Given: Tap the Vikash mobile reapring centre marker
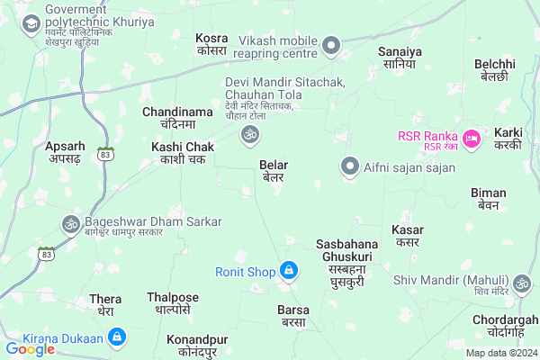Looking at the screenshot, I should pyautogui.click(x=332, y=44).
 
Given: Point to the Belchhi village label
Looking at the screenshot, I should pyautogui.click(x=494, y=70).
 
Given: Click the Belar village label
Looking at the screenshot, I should pyautogui.click(x=273, y=171).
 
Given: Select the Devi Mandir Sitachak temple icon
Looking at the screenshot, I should pyautogui.click(x=248, y=135).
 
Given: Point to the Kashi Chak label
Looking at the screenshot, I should pyautogui.click(x=183, y=152).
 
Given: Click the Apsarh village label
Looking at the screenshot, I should pyautogui.click(x=65, y=151).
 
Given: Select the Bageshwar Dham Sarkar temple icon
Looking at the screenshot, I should pyautogui.click(x=70, y=222).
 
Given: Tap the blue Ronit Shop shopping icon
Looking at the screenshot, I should pyautogui.click(x=288, y=269).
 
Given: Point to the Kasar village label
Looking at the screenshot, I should pyautogui.click(x=408, y=236).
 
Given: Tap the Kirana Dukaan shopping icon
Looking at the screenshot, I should pyautogui.click(x=116, y=337).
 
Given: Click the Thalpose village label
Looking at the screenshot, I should pyautogui.click(x=173, y=303).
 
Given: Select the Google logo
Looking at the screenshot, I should pyautogui.click(x=31, y=348).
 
